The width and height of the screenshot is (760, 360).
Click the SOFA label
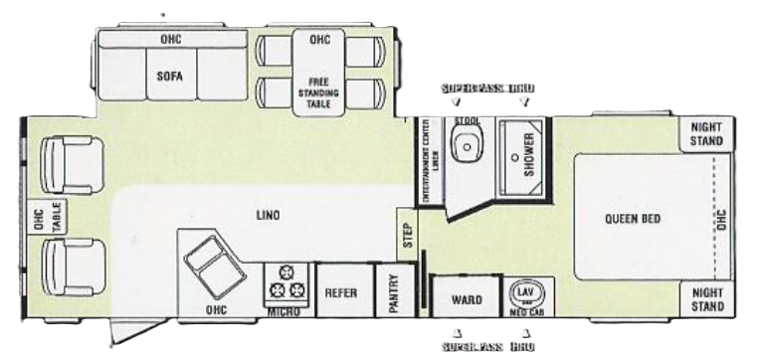168,74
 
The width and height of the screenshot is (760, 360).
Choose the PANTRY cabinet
393,293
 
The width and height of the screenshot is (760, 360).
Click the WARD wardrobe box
467,297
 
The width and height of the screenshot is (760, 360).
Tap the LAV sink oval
524,292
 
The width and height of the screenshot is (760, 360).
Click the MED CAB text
524,310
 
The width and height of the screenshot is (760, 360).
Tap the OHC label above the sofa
169,40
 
